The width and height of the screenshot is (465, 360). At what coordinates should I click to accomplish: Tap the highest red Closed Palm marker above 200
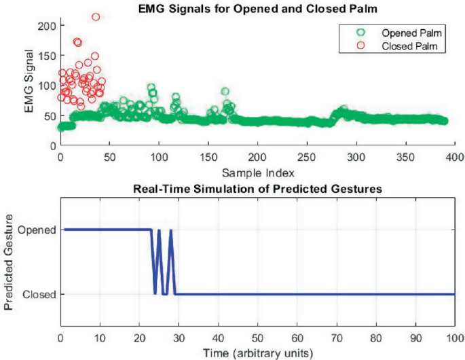96,17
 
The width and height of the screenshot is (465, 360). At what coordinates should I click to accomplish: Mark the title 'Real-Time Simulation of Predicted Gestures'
257,187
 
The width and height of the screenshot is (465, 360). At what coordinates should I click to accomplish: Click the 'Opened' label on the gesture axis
37,230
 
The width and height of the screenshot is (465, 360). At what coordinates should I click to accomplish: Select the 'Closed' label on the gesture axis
39,294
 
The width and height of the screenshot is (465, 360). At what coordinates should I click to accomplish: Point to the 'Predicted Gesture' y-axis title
10,262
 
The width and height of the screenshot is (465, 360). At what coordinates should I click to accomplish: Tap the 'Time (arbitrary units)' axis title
257,353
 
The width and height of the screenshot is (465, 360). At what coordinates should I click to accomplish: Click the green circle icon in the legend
360,33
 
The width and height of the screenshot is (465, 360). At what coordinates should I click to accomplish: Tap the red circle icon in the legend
360,46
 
